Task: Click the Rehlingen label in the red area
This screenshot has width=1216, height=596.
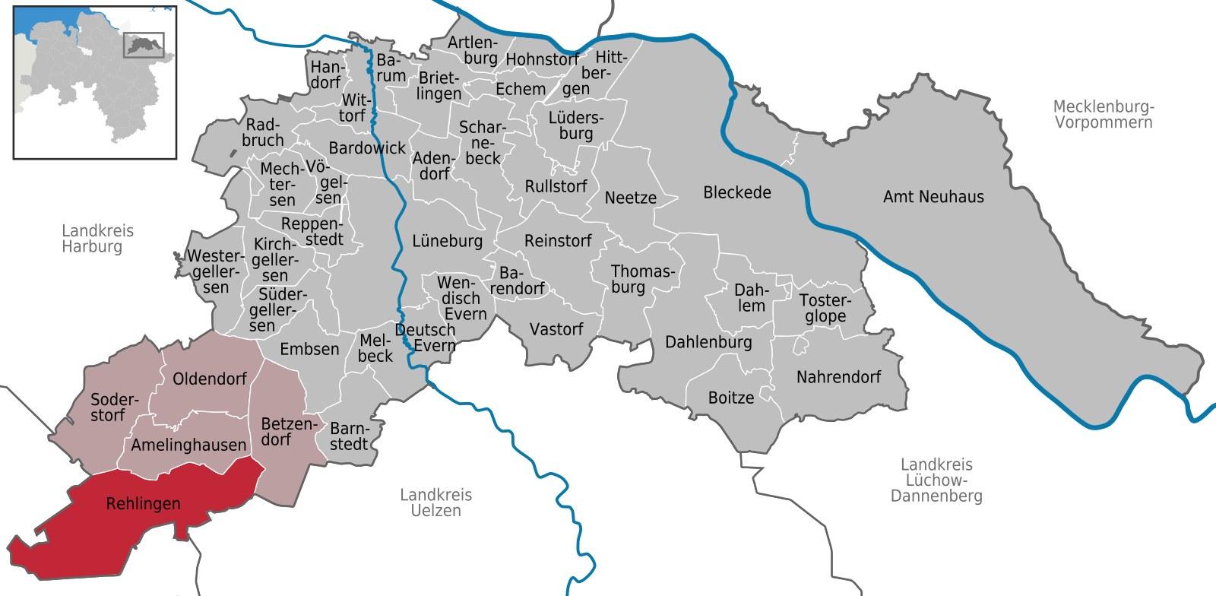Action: pyautogui.click(x=144, y=504)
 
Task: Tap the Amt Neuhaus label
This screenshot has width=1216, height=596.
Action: pyautogui.click(x=933, y=198)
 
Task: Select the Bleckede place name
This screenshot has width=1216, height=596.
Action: pyautogui.click(x=737, y=192)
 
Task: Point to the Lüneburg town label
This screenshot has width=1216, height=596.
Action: pyautogui.click(x=447, y=242)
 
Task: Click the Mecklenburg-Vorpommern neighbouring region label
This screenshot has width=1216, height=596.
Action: pyautogui.click(x=1103, y=114)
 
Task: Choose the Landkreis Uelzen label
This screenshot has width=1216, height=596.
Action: pyautogui.click(x=436, y=502)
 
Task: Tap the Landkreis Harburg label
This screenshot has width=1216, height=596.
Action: pyautogui.click(x=97, y=239)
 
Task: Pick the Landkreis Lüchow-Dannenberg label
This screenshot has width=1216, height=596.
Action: pyautogui.click(x=936, y=480)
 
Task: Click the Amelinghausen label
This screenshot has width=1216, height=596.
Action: pyautogui.click(x=188, y=445)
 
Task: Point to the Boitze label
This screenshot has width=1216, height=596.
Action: pyautogui.click(x=731, y=398)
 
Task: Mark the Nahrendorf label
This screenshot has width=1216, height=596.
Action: pyautogui.click(x=838, y=377)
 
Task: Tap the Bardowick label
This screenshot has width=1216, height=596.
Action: pyautogui.click(x=367, y=147)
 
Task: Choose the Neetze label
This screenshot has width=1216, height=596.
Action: pyautogui.click(x=630, y=198)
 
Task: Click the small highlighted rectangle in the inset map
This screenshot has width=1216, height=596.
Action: pyautogui.click(x=143, y=44)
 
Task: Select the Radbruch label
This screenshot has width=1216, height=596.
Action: pyautogui.click(x=264, y=132)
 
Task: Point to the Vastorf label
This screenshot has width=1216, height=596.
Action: pyautogui.click(x=556, y=329)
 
